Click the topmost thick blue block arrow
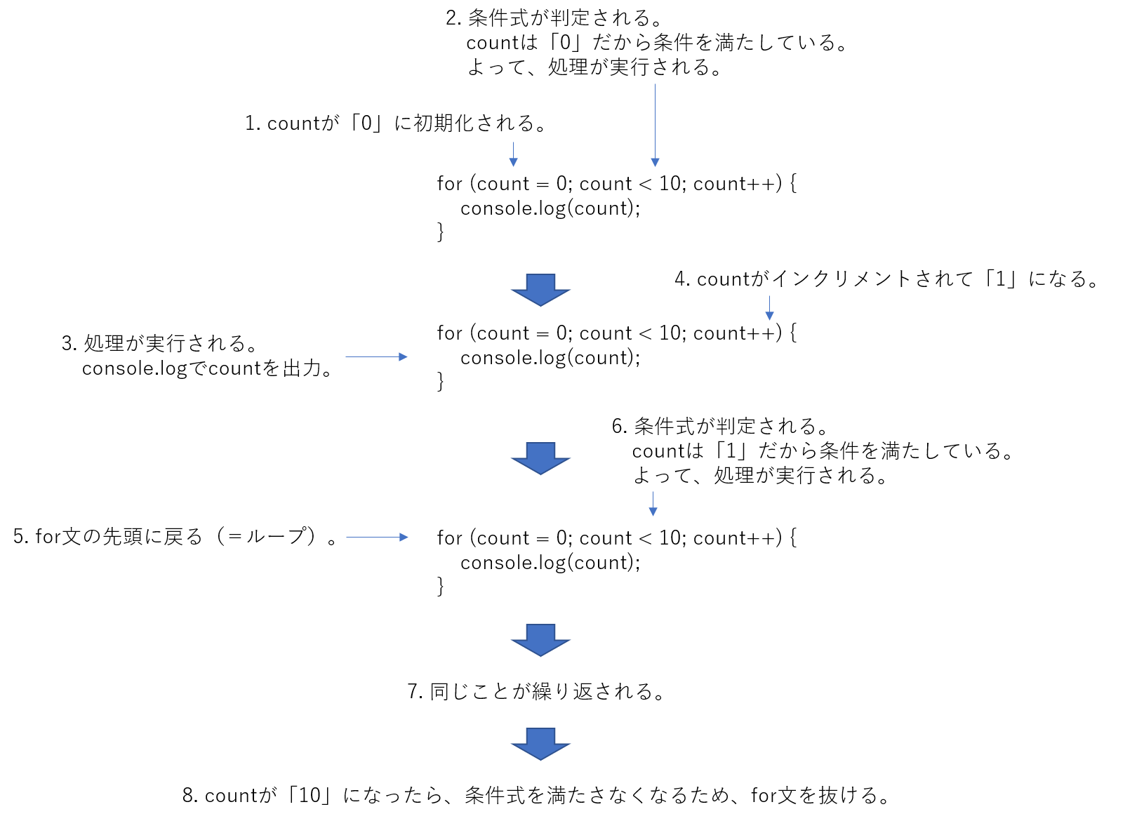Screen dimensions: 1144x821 pos(540,290)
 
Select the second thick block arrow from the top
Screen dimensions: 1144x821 pos(540,458)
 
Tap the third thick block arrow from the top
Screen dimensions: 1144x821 pos(540,640)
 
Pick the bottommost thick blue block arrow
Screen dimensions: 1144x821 pos(540,744)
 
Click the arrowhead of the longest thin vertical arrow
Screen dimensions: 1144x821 pos(655,163)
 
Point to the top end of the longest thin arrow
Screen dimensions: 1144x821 pos(655,84)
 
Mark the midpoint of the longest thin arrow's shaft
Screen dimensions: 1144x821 pos(655,123)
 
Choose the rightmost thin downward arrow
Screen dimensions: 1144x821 pos(769,308)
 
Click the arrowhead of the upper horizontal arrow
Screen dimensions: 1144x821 pos(404,356)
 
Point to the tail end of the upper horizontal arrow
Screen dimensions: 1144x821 pos(346,356)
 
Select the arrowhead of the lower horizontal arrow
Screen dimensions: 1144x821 pos(404,537)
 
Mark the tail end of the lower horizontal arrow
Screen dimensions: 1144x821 pos(347,537)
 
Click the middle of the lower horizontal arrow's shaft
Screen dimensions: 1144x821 pos(373,537)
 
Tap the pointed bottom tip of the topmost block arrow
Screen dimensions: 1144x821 pos(540,305)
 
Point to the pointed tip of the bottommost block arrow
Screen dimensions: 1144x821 pos(540,759)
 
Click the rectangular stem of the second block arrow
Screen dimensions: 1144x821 pos(540,450)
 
